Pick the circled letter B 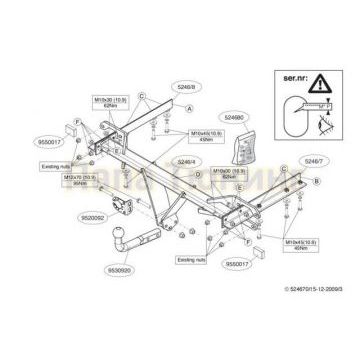tap(315, 181)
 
